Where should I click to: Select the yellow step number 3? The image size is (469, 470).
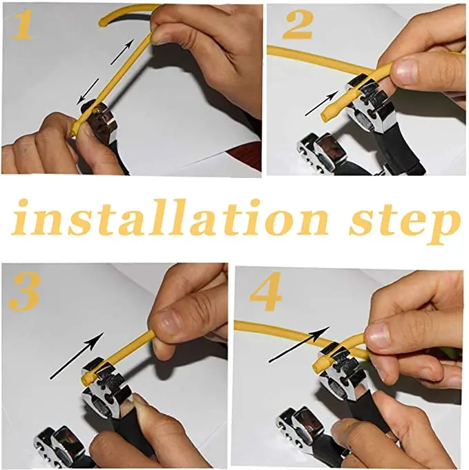click(x=24, y=292)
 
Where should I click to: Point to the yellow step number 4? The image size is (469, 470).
click(x=266, y=291)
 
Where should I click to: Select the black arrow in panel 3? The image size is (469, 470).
click(x=77, y=356)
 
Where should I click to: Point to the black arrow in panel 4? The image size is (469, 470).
click(x=299, y=344)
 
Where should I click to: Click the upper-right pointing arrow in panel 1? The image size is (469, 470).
click(x=122, y=52)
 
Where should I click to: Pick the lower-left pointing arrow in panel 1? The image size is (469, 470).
click(x=88, y=92)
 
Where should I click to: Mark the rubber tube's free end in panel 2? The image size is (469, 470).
click(x=325, y=117)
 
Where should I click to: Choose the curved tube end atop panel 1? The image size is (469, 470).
click(x=103, y=23)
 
